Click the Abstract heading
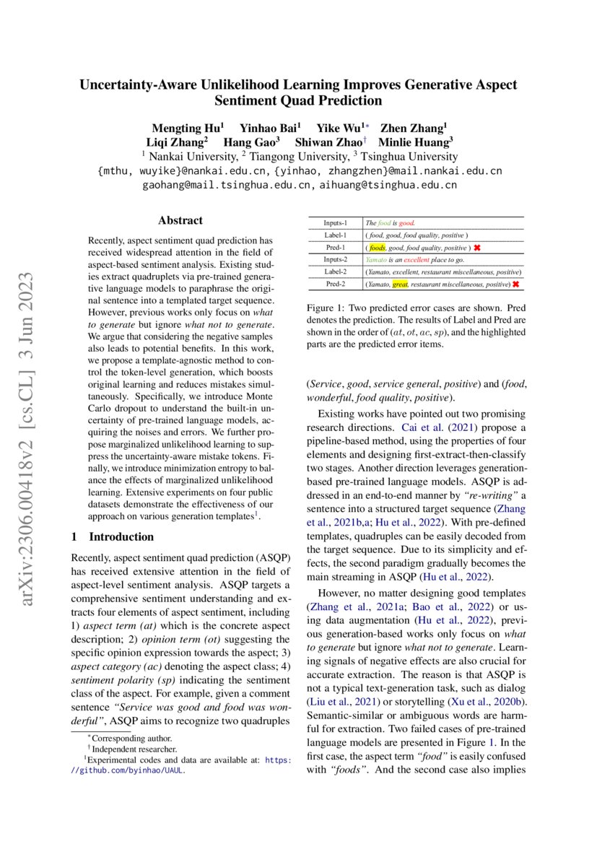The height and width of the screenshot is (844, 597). (180, 220)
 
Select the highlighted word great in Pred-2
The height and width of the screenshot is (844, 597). (400, 284)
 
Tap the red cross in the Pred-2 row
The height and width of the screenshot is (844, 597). (516, 284)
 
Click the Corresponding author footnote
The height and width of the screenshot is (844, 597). (131, 739)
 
